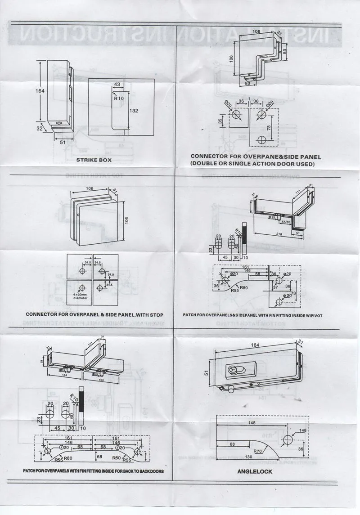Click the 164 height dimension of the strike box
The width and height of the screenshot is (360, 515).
[x=40, y=90]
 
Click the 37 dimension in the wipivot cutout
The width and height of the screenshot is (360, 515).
[x=275, y=287]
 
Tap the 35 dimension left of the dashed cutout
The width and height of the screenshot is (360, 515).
[x=220, y=121]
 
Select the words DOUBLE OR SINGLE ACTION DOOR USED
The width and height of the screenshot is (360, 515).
[x=252, y=164]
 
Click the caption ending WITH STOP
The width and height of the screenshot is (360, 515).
[x=94, y=314]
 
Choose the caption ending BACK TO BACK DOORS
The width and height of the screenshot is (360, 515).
[x=93, y=471]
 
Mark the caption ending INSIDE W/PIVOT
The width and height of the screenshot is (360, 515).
[x=252, y=315]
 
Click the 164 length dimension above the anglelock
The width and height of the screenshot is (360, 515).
[x=255, y=345]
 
